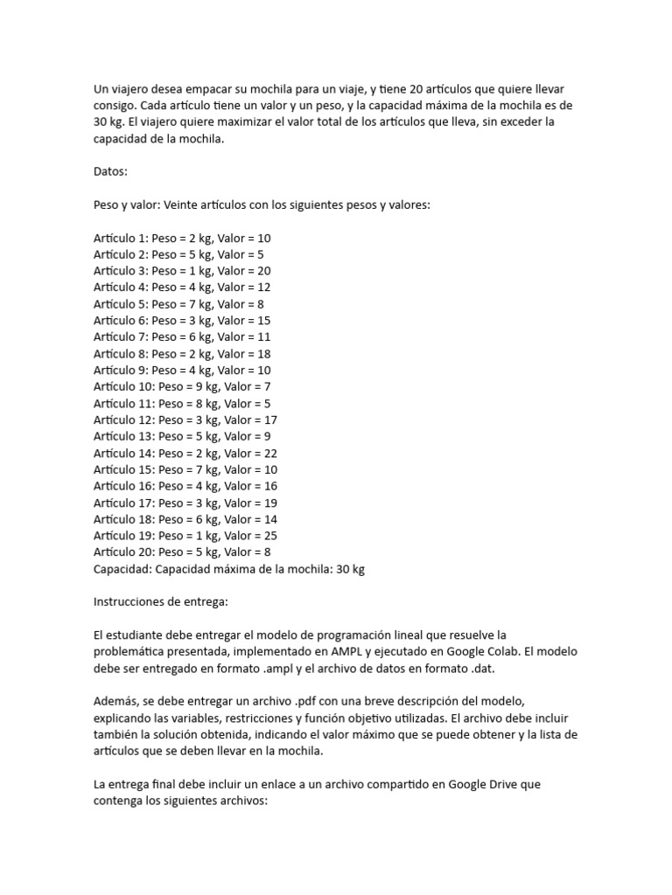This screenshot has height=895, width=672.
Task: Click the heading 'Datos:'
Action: click(x=110, y=171)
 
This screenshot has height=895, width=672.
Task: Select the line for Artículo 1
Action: click(x=182, y=238)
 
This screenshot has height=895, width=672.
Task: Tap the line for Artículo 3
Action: click(x=182, y=271)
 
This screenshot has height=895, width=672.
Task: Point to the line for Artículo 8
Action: click(x=182, y=354)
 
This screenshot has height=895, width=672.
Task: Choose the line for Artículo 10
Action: click(x=182, y=387)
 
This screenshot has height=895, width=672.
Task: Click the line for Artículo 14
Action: click(x=185, y=453)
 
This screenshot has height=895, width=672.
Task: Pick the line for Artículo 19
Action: click(x=185, y=536)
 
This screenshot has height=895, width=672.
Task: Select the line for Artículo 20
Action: click(x=182, y=552)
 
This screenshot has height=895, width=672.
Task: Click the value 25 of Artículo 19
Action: click(x=270, y=536)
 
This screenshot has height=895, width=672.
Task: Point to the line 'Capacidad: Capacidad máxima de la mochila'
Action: click(x=228, y=569)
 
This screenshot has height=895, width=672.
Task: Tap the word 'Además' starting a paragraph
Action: click(x=115, y=702)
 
